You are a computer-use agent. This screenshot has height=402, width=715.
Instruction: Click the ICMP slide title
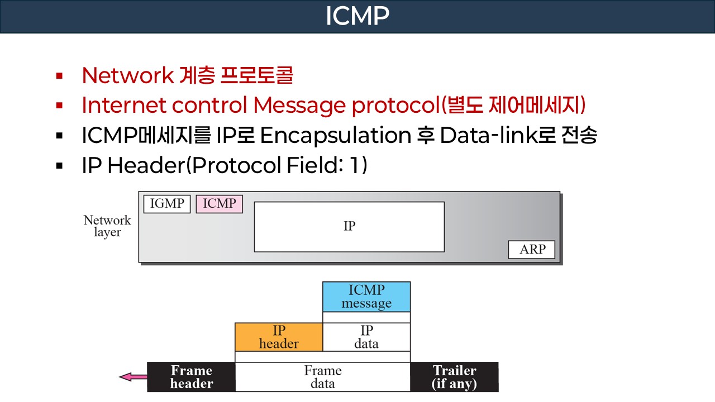[x=357, y=16]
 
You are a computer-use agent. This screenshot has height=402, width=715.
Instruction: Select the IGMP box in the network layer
[x=167, y=204]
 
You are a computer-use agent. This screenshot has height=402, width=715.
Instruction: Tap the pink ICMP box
[x=219, y=204]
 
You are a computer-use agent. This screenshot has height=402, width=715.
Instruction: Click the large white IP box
[x=349, y=227]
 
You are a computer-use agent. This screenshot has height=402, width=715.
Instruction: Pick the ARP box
[x=532, y=250]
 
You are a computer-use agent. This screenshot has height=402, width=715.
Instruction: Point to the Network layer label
[x=107, y=226]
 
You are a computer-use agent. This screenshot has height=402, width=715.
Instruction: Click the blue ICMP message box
[x=366, y=296]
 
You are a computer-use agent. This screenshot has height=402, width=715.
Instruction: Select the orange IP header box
[x=279, y=337]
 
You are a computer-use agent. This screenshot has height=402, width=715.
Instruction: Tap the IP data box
[x=366, y=337]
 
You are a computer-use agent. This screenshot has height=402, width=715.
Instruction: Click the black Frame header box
[x=191, y=377]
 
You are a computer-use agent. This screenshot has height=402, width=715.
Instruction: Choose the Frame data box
[x=322, y=377]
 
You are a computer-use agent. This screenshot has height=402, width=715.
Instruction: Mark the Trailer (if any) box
[x=454, y=377]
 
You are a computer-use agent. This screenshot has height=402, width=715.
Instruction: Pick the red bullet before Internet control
[x=59, y=105]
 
